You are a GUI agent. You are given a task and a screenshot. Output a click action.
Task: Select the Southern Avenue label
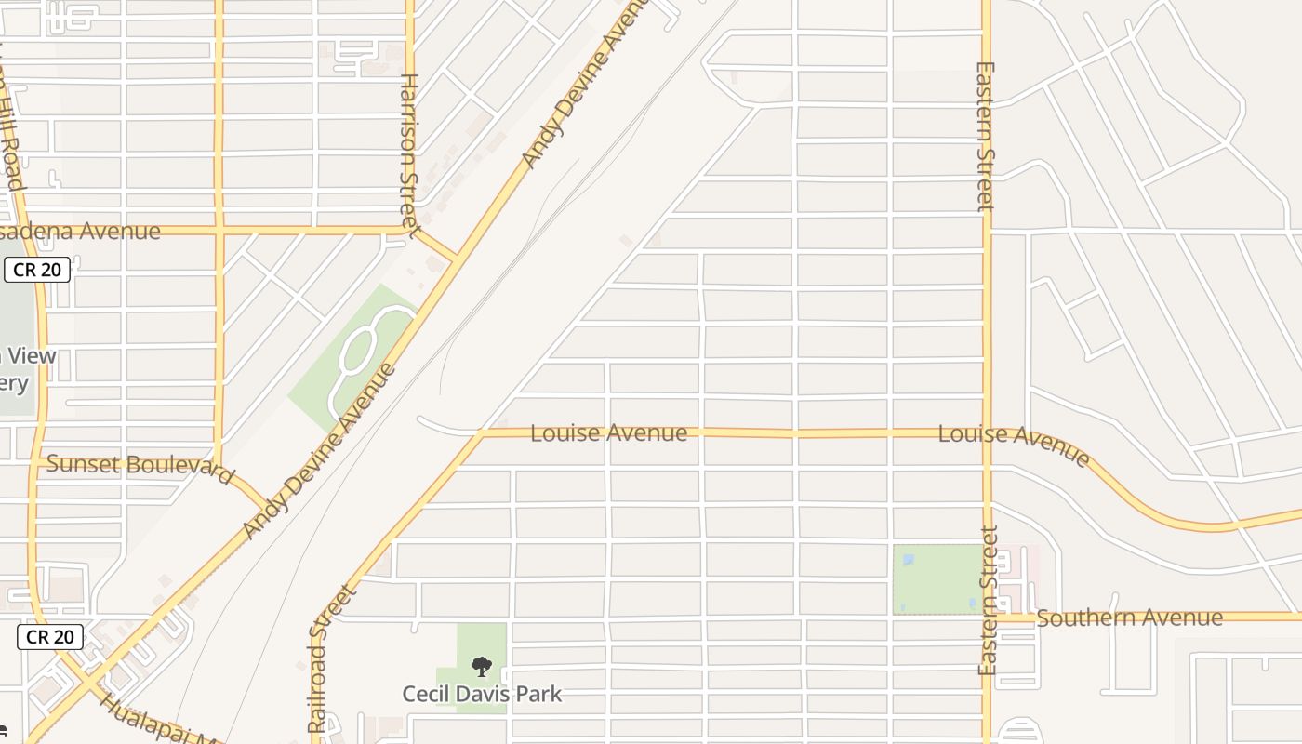(1129, 618)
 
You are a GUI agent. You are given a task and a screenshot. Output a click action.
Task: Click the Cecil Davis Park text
(482, 694)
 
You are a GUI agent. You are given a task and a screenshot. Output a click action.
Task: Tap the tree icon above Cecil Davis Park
(481, 666)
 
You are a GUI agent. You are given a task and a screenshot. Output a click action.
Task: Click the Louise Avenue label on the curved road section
(1014, 444)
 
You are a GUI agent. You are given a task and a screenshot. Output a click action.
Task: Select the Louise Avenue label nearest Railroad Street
(608, 433)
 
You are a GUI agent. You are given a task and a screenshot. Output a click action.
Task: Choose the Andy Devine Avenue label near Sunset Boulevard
(318, 451)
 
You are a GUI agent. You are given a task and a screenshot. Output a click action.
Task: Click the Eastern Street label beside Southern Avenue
(988, 600)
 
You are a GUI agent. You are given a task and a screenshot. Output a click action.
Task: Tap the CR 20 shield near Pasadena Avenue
(37, 270)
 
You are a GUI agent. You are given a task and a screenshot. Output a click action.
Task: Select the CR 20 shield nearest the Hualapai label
(50, 637)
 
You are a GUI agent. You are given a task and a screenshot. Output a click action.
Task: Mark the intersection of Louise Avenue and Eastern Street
(988, 433)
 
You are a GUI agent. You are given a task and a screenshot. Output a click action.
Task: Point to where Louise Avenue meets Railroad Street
(482, 433)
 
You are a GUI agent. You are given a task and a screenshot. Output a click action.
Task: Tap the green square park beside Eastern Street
(937, 579)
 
